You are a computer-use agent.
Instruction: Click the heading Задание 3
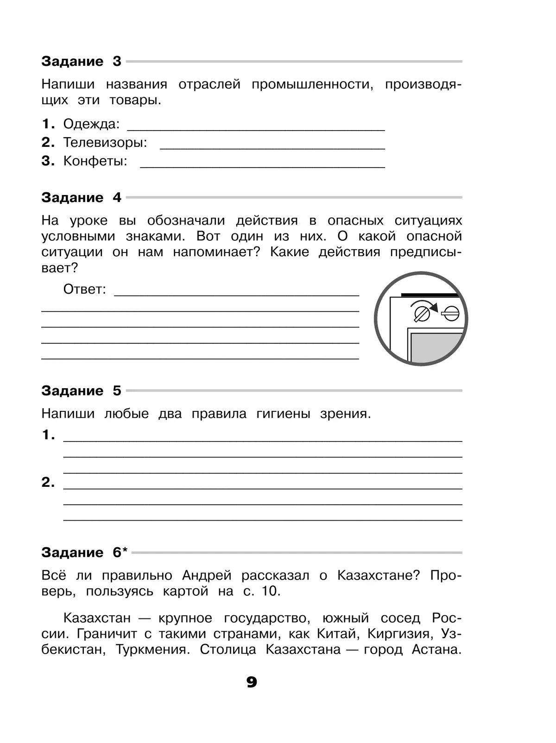pyautogui.click(x=81, y=61)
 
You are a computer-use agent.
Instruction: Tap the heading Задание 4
pyautogui.click(x=81, y=197)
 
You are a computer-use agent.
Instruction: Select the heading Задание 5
pyautogui.click(x=81, y=390)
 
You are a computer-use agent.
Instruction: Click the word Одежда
pyautogui.click(x=91, y=124)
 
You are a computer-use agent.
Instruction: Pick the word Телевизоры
pyautogui.click(x=105, y=143)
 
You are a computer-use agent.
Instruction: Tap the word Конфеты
pyautogui.click(x=95, y=161)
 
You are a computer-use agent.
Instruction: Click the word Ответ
pyautogui.click(x=84, y=290)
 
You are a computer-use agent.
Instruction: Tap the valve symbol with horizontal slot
pyautogui.click(x=449, y=314)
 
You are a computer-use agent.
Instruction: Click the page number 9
pyautogui.click(x=252, y=682)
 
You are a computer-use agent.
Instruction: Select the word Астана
pyautogui.click(x=436, y=649)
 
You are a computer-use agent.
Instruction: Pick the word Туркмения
pyautogui.click(x=152, y=649)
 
